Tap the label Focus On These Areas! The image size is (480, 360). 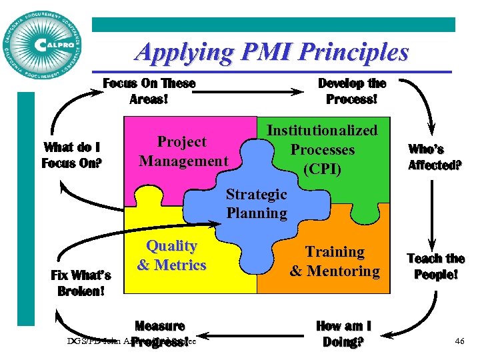pyautogui.click(x=149, y=91)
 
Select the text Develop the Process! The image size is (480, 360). pyautogui.click(x=351, y=91)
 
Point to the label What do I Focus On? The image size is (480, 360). pyautogui.click(x=73, y=155)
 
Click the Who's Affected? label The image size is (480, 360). pyautogui.click(x=435, y=157)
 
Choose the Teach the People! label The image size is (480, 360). pyautogui.click(x=435, y=266)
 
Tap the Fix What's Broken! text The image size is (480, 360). pyautogui.click(x=81, y=283)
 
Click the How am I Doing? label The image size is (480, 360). pyautogui.click(x=343, y=334)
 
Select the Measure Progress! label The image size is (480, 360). pyautogui.click(x=159, y=333)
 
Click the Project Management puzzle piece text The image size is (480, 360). pyautogui.click(x=183, y=151)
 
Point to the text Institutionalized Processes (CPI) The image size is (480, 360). pyautogui.click(x=322, y=149)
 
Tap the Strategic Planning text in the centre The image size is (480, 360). pyautogui.click(x=257, y=204)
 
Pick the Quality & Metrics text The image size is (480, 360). pyautogui.click(x=171, y=255)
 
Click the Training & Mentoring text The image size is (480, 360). pyautogui.click(x=335, y=261)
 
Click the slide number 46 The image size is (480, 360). pyautogui.click(x=459, y=341)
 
